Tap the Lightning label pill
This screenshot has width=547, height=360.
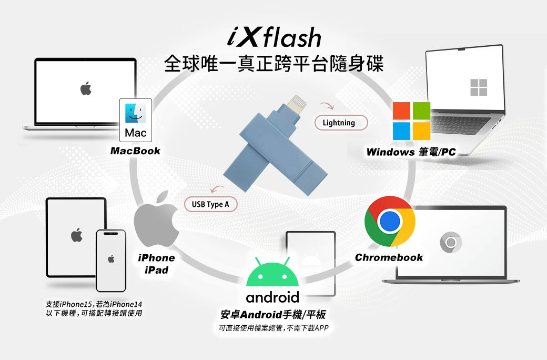(x=339, y=123)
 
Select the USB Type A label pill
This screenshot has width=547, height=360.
(x=210, y=204)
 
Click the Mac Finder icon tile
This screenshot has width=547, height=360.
(x=136, y=119)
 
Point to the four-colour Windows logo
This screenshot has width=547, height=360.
(x=412, y=121)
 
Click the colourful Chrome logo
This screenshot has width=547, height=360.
(x=390, y=222)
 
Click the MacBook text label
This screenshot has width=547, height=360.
(x=135, y=151)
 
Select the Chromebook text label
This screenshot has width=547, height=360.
(x=389, y=257)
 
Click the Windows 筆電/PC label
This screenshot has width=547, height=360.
(x=411, y=153)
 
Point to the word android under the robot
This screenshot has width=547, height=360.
(x=272, y=297)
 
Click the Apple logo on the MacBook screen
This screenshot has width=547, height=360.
(x=86, y=89)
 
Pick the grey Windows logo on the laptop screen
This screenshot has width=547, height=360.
(x=479, y=87)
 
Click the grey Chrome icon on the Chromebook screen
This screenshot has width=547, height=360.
(x=451, y=242)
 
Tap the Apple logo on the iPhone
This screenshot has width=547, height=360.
(x=111, y=258)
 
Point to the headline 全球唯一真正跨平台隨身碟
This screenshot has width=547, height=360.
(x=273, y=64)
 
